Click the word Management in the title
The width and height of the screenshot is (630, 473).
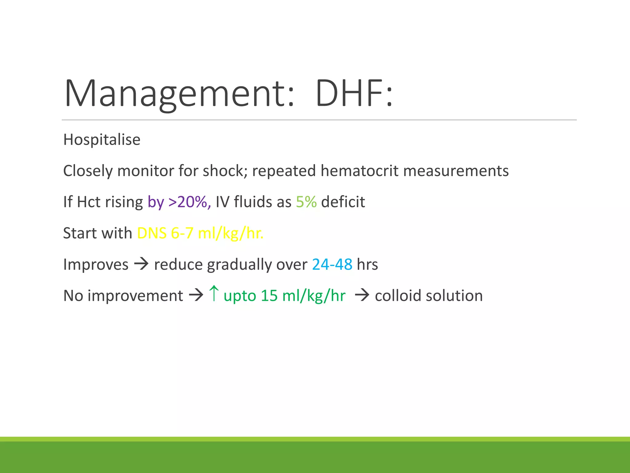point(179,93)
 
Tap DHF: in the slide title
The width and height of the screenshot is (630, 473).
point(354,93)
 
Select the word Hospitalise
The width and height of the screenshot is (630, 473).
point(102,140)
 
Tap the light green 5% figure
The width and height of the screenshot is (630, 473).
point(306,202)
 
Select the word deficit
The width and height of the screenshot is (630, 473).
point(343,202)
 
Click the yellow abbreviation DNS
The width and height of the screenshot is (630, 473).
point(152,233)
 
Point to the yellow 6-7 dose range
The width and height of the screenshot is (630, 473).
point(182,233)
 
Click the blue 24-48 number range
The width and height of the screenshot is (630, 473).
point(332,265)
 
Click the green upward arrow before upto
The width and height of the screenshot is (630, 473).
point(214,293)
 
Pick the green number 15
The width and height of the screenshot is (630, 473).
point(269,296)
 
